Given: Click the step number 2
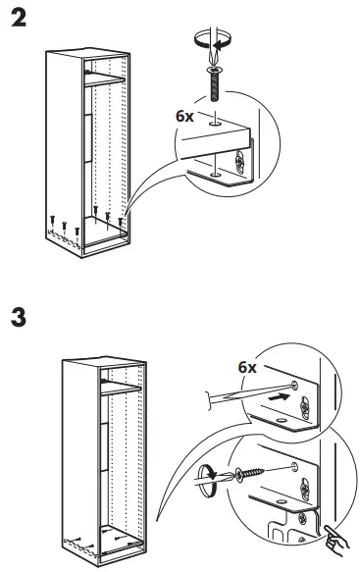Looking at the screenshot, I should click(x=17, y=19).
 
